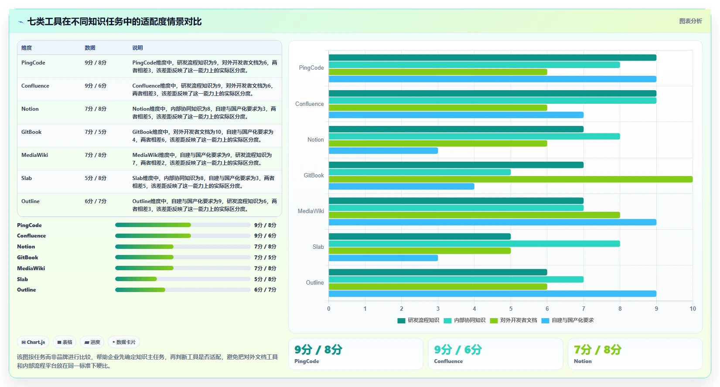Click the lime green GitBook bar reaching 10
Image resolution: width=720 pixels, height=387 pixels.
click(x=510, y=179)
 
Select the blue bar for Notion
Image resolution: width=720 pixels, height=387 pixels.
click(x=383, y=151)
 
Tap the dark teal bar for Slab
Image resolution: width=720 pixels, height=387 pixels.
click(x=420, y=236)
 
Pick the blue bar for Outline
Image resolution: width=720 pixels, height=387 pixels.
click(x=492, y=294)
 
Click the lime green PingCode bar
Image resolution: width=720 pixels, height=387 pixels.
click(x=438, y=72)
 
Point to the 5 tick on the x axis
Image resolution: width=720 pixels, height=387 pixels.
click(x=511, y=309)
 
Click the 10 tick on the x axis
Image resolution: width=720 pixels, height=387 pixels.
click(x=693, y=309)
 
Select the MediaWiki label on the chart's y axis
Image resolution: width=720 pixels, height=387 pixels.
click(x=311, y=211)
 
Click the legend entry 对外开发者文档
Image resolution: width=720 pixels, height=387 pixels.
click(x=513, y=320)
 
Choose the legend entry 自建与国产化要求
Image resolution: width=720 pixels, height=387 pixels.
click(x=568, y=320)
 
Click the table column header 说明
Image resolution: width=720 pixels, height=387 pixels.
click(x=137, y=48)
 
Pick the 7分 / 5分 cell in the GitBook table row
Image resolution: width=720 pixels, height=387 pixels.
click(x=96, y=132)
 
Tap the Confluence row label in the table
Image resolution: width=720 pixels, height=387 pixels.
click(x=35, y=86)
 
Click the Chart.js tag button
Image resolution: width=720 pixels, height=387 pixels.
click(x=33, y=342)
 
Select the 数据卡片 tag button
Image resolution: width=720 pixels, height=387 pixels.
click(x=124, y=342)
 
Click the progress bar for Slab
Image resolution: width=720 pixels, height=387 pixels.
click(x=183, y=279)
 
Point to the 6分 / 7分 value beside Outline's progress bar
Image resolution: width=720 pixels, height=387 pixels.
click(x=265, y=290)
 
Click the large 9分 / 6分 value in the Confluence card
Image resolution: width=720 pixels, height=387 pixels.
click(x=458, y=350)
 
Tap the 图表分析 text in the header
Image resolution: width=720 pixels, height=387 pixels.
click(x=690, y=21)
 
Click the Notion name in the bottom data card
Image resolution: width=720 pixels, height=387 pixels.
click(x=583, y=361)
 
